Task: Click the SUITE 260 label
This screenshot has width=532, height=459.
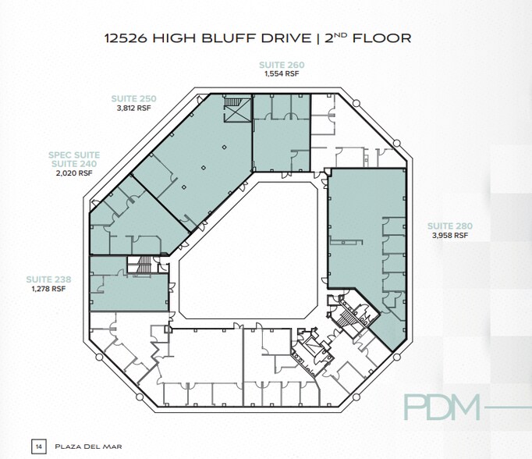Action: [x=282, y=65]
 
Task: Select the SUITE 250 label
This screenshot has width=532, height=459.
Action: [x=133, y=99]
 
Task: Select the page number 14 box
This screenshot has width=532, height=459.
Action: [x=37, y=446]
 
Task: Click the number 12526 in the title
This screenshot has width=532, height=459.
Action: [x=130, y=37]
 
